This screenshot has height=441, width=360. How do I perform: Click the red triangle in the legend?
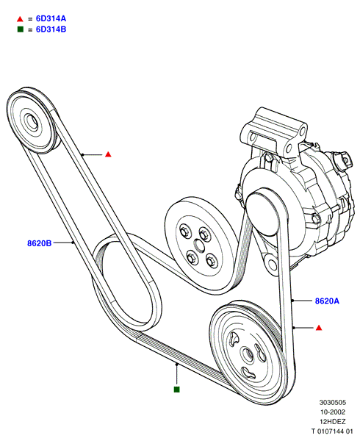click(x=20, y=19)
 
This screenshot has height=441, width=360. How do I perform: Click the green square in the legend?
click(x=21, y=29)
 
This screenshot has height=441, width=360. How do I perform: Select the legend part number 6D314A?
click(x=51, y=18)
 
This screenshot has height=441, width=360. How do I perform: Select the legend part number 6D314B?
click(x=51, y=29)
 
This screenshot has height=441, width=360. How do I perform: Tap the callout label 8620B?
click(x=40, y=243)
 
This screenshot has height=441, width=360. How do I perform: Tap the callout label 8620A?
click(x=327, y=301)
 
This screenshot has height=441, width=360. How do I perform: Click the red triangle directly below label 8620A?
click(x=319, y=328)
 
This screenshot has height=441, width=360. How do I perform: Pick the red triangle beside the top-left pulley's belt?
click(x=108, y=154)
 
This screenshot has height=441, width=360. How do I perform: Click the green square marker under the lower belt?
click(x=176, y=390)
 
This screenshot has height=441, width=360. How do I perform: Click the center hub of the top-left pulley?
click(x=32, y=121)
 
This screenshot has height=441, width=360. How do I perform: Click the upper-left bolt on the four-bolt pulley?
click(x=185, y=232)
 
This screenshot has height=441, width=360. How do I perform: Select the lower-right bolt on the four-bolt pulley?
click(x=212, y=261)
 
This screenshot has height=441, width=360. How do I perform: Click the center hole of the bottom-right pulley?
click(x=248, y=355)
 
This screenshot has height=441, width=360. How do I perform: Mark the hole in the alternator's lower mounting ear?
click(x=272, y=265)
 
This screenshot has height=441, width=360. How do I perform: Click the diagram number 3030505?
click(x=333, y=403)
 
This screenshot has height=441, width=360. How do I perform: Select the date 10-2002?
click(x=333, y=412)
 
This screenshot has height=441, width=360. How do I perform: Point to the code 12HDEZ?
click(x=333, y=422)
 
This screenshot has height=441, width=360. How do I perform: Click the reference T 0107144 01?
click(x=332, y=431)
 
